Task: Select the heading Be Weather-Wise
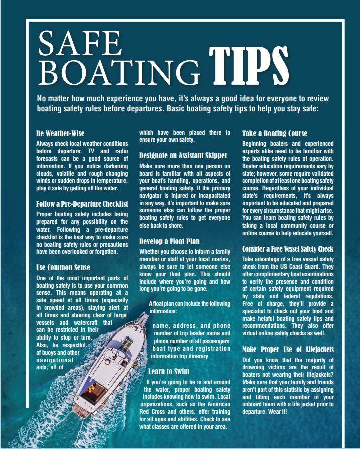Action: point(60,134)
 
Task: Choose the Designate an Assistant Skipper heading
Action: point(183,156)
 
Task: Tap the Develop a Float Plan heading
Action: point(169,241)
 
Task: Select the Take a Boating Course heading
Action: point(275,134)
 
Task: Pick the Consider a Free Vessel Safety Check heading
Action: point(288,249)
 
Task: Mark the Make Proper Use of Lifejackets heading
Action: point(288,349)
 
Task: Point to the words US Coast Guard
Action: point(309,266)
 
